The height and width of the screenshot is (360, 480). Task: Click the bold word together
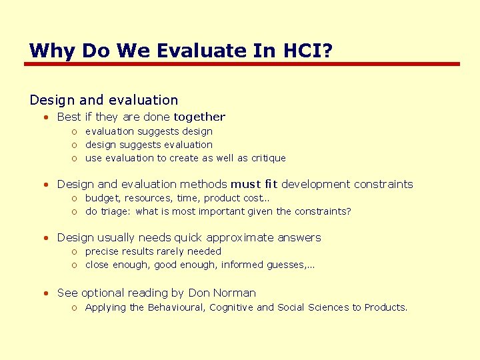[x=199, y=117]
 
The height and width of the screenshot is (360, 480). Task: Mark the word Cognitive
[x=231, y=307]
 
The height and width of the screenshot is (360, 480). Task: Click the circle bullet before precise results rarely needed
[x=76, y=252]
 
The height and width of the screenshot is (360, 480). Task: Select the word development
[x=316, y=184]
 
